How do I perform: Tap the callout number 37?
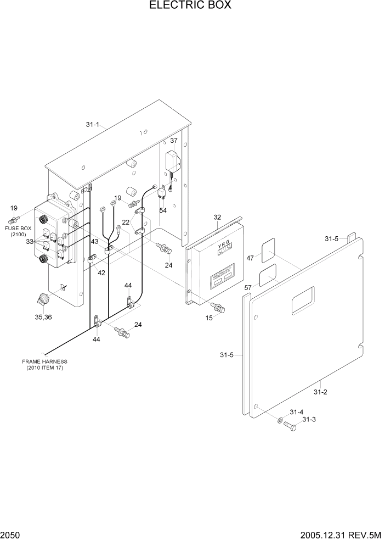(x=174, y=141)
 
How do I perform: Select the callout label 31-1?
(x=92, y=125)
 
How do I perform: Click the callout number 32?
(x=217, y=218)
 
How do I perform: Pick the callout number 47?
(x=250, y=258)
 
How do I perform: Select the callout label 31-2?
(x=320, y=392)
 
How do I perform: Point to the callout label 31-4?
(x=296, y=411)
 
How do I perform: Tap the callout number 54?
(x=163, y=210)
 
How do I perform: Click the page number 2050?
(x=10, y=535)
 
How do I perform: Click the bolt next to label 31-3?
(x=290, y=427)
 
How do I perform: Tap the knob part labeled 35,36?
(x=41, y=300)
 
